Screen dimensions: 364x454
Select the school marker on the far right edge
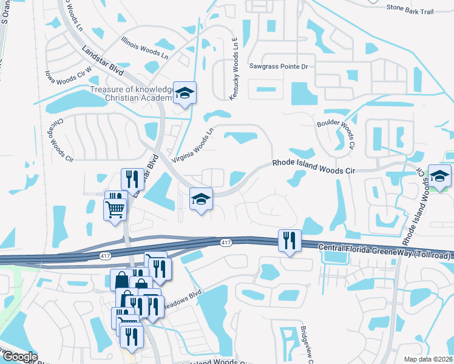pos(439,176)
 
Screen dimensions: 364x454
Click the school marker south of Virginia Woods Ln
pos(201,198)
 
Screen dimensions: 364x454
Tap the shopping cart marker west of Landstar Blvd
pos(115,209)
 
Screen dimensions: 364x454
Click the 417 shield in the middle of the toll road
pos(226,242)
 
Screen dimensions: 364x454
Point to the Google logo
pos(19,357)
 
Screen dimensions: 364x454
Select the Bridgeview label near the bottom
pos(304,343)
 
